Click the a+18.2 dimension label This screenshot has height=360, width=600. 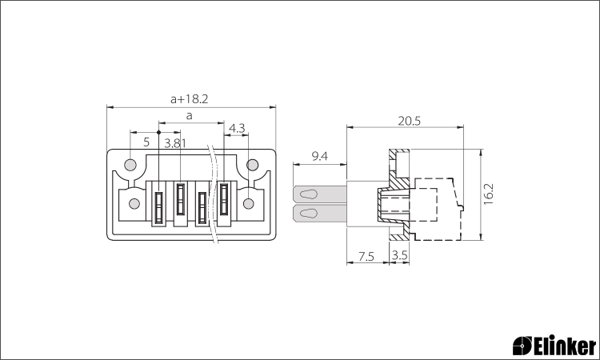(189, 99)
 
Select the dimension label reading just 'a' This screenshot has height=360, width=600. (189, 115)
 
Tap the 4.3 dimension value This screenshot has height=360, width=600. (237, 128)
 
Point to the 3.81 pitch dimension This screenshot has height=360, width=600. (175, 143)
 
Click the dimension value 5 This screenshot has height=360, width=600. (146, 142)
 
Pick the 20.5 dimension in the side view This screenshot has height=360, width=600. (409, 122)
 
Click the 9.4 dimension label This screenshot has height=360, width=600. (319, 156)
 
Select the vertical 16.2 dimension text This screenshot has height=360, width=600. (489, 194)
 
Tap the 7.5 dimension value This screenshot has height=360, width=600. (366, 256)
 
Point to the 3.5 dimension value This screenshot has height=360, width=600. (400, 255)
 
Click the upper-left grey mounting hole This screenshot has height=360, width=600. (130, 165)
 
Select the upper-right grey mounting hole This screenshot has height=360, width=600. (252, 165)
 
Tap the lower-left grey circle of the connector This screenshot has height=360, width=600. (134, 203)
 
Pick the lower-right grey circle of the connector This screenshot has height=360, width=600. (249, 203)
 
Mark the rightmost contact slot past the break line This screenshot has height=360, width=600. (224, 199)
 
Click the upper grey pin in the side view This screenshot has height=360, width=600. (320, 194)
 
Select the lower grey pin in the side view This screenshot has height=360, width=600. (320, 213)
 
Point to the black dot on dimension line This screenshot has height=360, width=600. (159, 132)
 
